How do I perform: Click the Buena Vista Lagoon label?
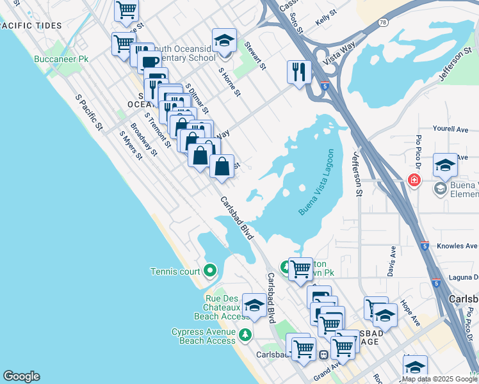[316, 182]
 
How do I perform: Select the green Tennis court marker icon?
[210, 271]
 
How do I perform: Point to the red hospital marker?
[415, 181]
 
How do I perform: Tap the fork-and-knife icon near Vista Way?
[299, 72]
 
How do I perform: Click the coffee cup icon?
[149, 62]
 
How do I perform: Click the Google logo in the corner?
[21, 376]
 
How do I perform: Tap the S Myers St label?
[131, 145]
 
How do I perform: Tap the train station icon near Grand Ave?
[324, 354]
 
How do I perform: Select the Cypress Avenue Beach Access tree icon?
[244, 335]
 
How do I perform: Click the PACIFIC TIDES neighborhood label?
[32, 26]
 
